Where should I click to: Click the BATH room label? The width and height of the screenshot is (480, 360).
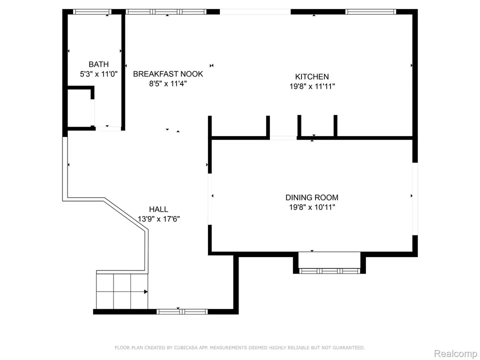point(98,64)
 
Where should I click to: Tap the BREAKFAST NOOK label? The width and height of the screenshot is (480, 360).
point(168,74)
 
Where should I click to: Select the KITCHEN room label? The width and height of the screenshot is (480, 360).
point(312,76)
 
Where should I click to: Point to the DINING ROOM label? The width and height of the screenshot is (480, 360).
point(312,197)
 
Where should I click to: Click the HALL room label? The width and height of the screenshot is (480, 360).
point(158,209)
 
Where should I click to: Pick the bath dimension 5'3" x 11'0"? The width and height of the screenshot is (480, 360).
point(98,74)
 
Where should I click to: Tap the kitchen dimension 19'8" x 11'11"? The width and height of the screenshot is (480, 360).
point(312,86)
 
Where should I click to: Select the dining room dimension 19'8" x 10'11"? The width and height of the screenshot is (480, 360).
point(312,207)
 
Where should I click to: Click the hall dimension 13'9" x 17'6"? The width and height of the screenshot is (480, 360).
point(158,219)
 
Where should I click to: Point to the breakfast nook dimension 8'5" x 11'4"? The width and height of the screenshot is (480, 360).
point(168,83)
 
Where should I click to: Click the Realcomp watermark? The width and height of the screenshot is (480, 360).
point(455,353)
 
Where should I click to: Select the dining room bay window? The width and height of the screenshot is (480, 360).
point(329,270)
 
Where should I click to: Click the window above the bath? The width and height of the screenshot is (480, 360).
point(92,12)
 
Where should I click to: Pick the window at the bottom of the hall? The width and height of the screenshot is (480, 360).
point(182,311)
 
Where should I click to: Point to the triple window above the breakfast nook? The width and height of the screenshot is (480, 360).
point(166,12)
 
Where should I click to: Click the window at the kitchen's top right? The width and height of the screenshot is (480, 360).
point(370,12)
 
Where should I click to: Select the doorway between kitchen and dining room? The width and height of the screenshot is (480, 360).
point(283,138)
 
